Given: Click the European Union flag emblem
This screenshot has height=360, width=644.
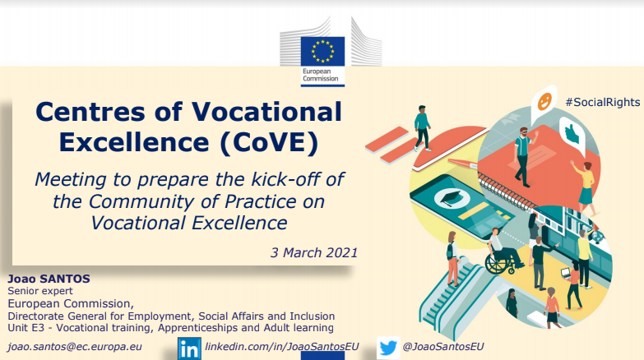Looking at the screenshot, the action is coord(322,51).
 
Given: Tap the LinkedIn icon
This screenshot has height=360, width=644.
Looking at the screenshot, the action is coord(189,348).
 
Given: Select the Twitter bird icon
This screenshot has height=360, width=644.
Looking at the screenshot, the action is coord(388,348).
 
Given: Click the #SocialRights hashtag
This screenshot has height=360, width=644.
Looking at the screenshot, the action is coord(603,102).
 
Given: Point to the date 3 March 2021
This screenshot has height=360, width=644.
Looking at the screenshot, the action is coord(314,252).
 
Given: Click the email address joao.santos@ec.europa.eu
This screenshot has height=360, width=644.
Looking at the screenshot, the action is coord(75,347).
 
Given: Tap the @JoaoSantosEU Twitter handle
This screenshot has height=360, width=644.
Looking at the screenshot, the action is coord(443,347).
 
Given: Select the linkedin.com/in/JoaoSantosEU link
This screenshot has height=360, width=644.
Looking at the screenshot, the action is coord(282,347).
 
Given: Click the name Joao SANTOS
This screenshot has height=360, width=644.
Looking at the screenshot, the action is coord(49,279).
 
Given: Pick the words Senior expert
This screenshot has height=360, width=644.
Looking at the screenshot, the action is coord(40,291).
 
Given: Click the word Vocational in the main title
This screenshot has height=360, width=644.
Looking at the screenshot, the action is coord(266,111).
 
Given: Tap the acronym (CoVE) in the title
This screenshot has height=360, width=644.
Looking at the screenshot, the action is coord(270,142).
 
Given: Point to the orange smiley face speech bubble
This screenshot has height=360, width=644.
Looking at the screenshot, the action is coord(544,103).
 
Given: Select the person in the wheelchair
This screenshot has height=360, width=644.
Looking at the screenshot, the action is coord(501,252).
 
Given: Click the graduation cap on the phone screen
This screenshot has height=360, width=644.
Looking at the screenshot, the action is coord(452,197).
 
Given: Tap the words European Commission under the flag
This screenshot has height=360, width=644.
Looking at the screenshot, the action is coord(321,75).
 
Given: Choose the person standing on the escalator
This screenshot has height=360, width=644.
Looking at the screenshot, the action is coord(452,259).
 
